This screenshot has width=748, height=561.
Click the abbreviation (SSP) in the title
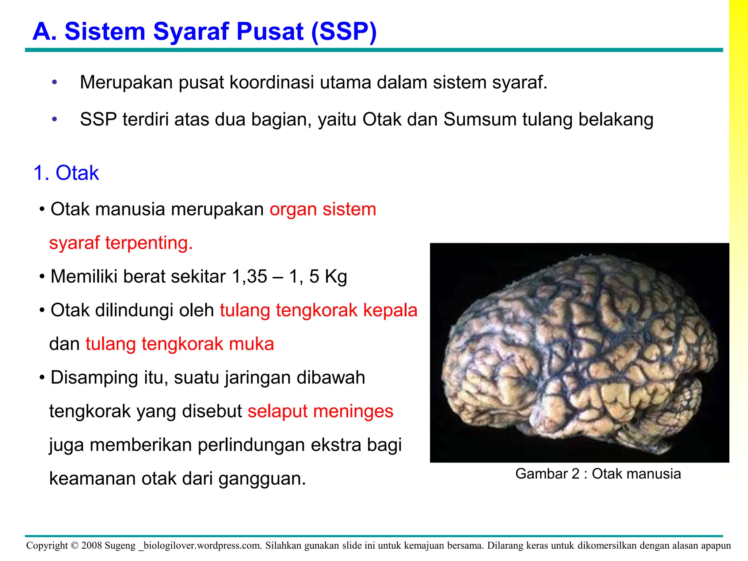[344, 31]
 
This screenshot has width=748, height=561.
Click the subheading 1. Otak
[66, 173]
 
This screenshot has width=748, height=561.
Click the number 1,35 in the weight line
[249, 276]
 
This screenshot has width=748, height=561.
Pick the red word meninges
[353, 411]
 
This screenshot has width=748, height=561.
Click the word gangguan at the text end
[262, 479]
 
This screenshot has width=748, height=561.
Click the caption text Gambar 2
[547, 474]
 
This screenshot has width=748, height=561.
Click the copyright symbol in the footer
[75, 546]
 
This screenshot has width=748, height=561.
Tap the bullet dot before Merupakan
[54, 82]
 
